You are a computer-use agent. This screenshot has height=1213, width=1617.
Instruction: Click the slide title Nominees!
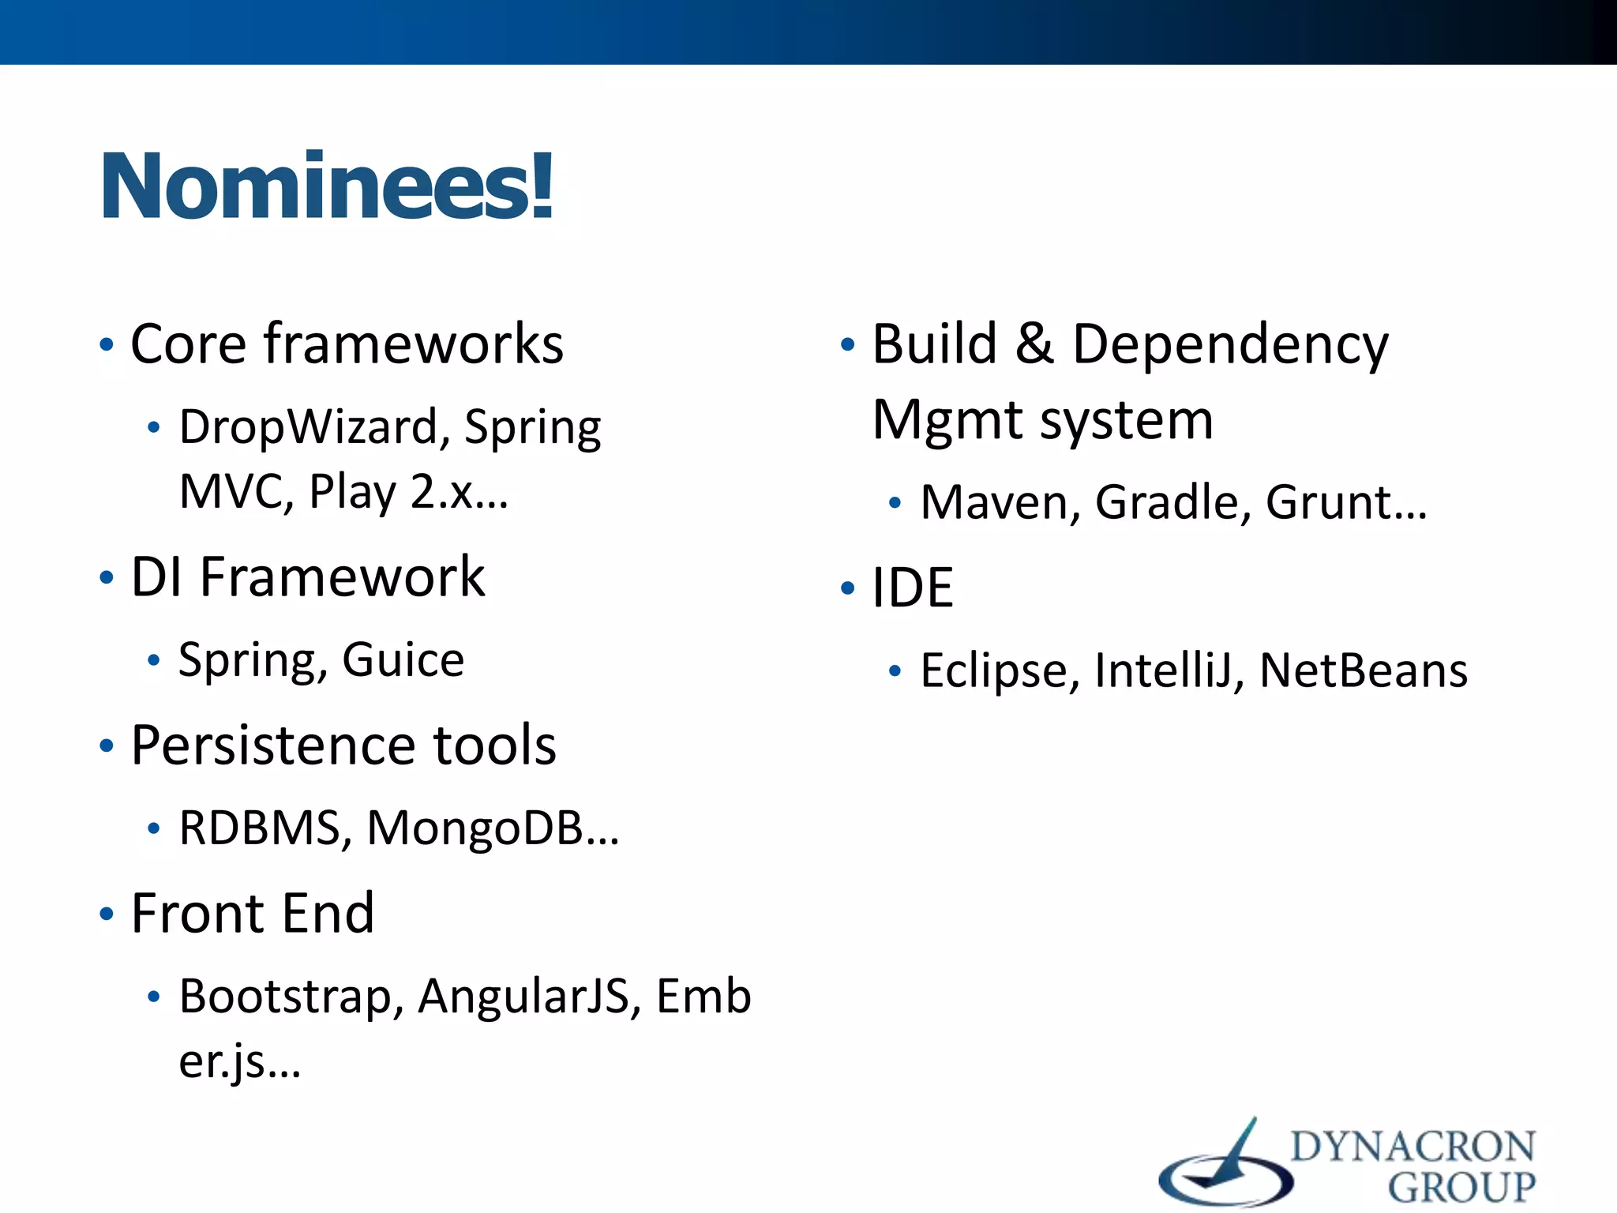tap(327, 186)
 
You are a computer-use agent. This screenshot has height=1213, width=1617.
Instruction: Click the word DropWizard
tap(308, 427)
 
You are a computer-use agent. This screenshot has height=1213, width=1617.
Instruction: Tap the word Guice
tap(403, 659)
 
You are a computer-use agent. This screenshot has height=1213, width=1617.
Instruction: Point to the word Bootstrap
tap(285, 996)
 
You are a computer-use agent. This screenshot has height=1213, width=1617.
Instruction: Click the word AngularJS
tap(523, 996)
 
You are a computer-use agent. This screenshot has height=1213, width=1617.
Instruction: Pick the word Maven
tap(994, 502)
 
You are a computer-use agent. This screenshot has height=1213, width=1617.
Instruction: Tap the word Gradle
tap(1167, 502)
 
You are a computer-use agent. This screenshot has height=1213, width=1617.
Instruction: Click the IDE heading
tap(912, 588)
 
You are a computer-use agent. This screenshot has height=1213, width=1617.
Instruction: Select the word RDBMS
tap(260, 828)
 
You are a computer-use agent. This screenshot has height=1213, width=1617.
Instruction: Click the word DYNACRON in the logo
tap(1413, 1146)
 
